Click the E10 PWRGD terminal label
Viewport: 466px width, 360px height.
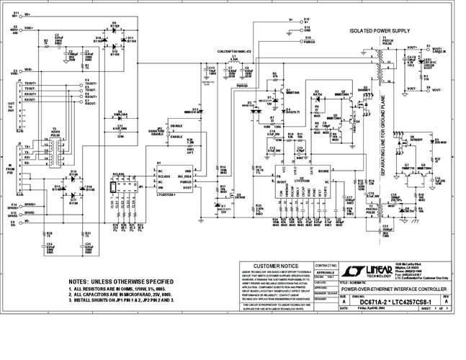coord(308,40)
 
